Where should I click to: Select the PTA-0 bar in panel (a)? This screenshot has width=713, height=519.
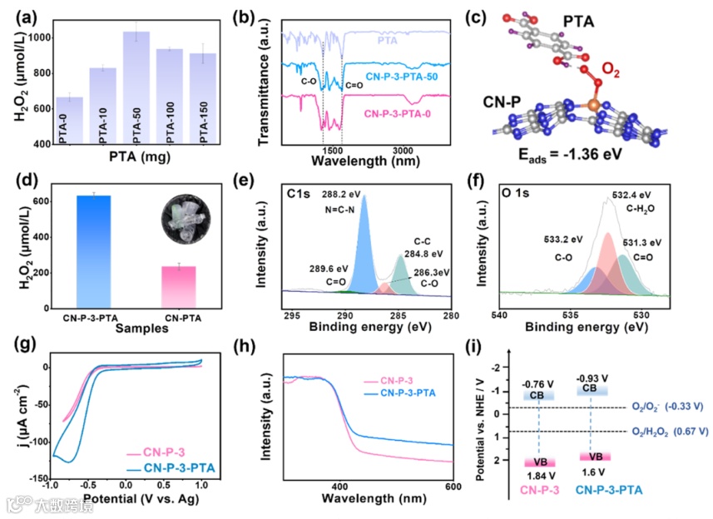tap(69, 121)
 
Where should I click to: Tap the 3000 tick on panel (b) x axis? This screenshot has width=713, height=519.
tap(403, 151)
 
